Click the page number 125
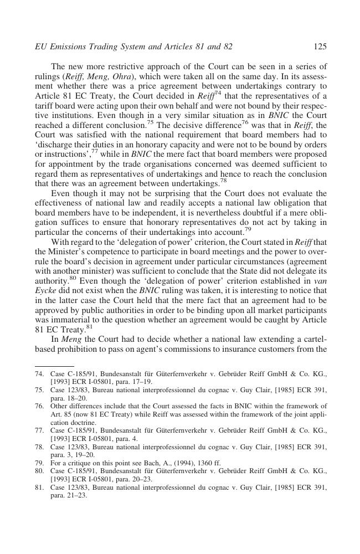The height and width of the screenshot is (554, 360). [320, 47]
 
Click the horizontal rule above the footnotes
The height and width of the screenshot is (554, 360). [54, 366]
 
